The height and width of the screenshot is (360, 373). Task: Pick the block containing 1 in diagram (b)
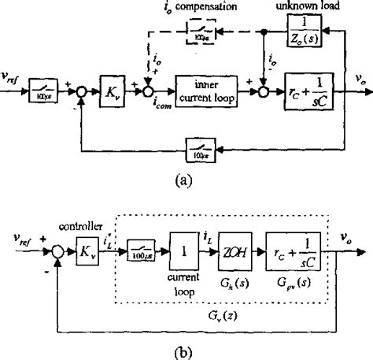click(x=183, y=261)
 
